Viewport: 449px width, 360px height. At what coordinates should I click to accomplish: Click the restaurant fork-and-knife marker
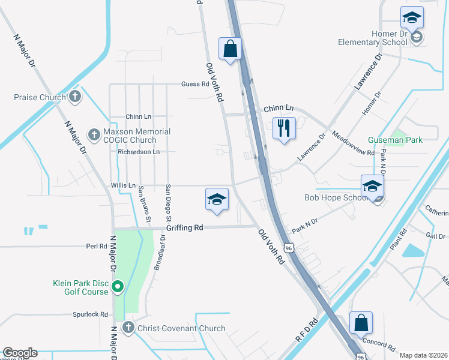click(284, 128)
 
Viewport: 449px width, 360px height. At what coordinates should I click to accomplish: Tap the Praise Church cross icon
click(75, 96)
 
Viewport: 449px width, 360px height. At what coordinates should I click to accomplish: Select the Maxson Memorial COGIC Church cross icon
click(93, 133)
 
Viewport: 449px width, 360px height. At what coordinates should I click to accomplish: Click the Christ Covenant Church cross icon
click(127, 328)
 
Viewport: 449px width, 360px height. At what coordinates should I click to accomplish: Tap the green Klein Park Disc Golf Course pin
click(118, 287)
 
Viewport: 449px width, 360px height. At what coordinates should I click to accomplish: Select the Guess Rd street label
click(194, 84)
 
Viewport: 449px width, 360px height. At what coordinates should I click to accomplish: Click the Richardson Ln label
click(139, 152)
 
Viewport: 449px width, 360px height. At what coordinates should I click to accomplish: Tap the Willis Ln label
click(123, 186)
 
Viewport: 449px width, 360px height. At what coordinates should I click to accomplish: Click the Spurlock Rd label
click(90, 314)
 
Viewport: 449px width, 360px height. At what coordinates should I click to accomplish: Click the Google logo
click(20, 353)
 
